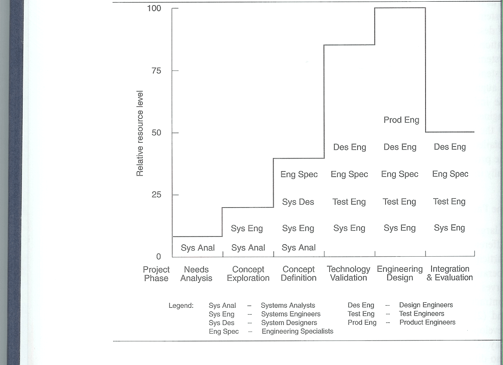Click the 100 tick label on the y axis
click(154, 9)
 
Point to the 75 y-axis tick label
click(156, 71)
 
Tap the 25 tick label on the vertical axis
click(156, 195)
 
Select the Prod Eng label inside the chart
click(401, 120)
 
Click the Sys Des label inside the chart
click(298, 202)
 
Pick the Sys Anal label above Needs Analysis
click(197, 248)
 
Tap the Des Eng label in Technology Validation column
click(349, 147)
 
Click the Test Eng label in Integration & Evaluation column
click(449, 201)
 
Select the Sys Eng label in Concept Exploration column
click(247, 228)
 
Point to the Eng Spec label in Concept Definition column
click(299, 174)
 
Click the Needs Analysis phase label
click(196, 274)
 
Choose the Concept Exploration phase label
click(248, 274)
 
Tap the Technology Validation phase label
click(349, 273)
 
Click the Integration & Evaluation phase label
click(450, 273)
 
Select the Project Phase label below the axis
click(156, 274)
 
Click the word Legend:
click(181, 306)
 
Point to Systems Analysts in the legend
click(288, 305)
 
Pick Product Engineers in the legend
click(427, 322)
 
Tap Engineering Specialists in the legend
click(297, 331)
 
